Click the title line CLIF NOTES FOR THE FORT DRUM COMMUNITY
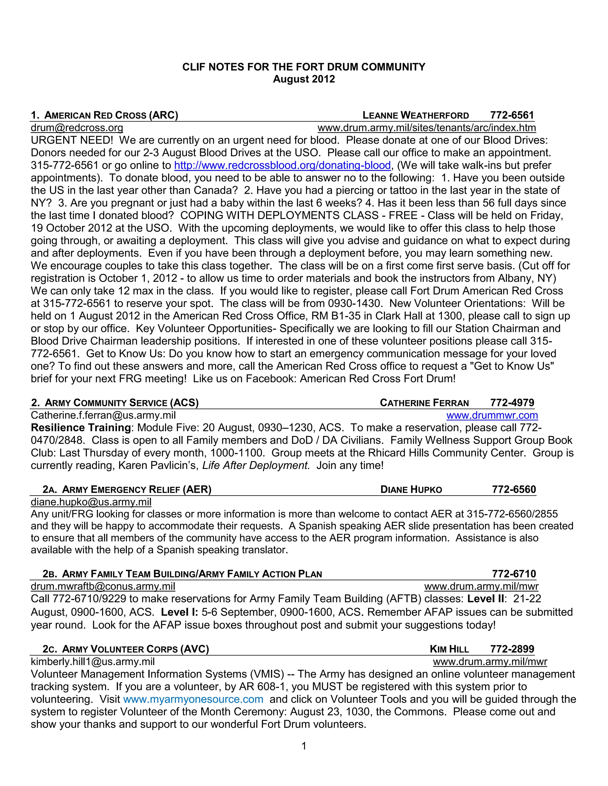pos(304,67)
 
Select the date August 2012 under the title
pos(304,79)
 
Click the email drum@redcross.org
pos(77,128)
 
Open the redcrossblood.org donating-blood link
pos(282,165)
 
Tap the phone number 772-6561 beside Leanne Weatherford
pos(512,115)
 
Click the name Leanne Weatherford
pos(416,115)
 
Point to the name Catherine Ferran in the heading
pos(424,403)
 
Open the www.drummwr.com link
pos(492,415)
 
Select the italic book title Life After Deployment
pos(256,466)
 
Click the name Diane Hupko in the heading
pos(411,489)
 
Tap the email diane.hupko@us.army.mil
pos(91,502)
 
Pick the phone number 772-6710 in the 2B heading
pos(514,574)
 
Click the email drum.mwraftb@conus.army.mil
pos(103,586)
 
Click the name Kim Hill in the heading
pos(449,649)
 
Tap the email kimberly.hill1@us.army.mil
pos(93,661)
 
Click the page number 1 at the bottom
pos(304,746)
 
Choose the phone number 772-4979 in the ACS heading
pos(512,403)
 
